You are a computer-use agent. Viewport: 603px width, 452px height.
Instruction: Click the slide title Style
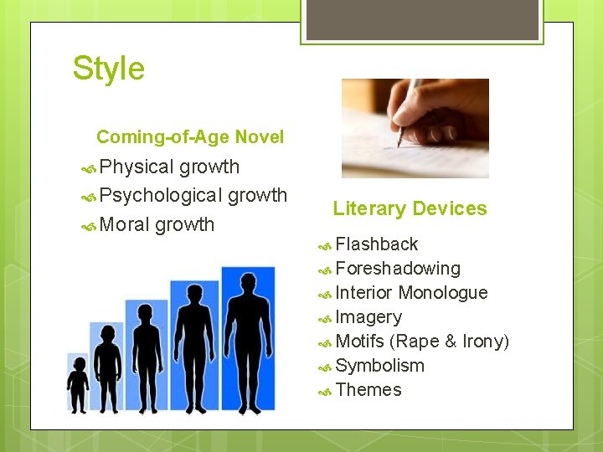(109, 69)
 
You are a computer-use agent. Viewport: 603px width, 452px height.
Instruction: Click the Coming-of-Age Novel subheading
(190, 137)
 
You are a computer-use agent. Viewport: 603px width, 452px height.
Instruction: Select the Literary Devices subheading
(410, 209)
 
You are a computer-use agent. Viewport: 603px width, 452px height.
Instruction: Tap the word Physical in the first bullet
(137, 167)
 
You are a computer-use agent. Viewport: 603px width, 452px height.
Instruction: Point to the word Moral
(125, 224)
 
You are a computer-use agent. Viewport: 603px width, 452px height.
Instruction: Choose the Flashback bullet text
(376, 244)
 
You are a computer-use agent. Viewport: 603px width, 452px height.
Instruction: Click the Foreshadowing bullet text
(398, 269)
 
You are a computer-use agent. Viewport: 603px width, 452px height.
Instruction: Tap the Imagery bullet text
(368, 317)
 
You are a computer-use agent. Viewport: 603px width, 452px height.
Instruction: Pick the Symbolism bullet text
(379, 366)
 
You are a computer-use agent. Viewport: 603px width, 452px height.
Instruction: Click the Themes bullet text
(368, 390)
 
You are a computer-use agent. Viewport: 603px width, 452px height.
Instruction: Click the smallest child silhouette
(78, 385)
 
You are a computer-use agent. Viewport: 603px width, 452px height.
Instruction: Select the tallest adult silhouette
(248, 343)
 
